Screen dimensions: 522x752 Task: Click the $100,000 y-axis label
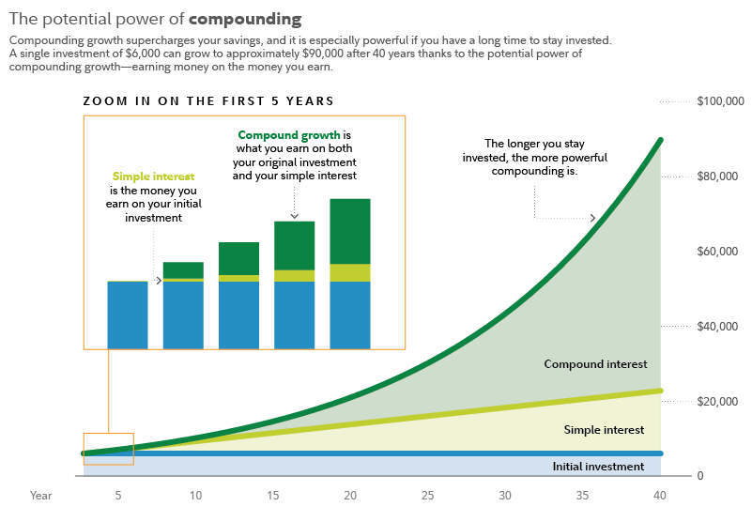720,101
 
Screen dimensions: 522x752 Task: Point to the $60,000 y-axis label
720,252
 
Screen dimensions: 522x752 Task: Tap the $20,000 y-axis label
720,402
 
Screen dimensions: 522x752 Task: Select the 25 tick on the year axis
427,495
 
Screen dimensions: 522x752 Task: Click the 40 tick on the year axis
659,495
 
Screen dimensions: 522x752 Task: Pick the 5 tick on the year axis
118,495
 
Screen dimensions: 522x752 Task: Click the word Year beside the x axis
40,495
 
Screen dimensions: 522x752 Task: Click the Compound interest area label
595,364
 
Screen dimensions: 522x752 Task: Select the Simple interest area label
604,430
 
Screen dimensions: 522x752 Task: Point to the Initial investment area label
598,467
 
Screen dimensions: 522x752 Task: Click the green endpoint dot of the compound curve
660,141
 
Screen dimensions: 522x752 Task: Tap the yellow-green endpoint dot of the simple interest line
660,391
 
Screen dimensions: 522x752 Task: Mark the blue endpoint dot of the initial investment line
660,453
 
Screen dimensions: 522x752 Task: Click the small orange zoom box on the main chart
109,449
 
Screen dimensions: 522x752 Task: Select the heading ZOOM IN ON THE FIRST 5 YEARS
208,100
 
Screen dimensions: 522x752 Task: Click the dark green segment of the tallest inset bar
350,231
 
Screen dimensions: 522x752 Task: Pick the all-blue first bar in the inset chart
128,315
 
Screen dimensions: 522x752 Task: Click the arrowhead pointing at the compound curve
593,219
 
